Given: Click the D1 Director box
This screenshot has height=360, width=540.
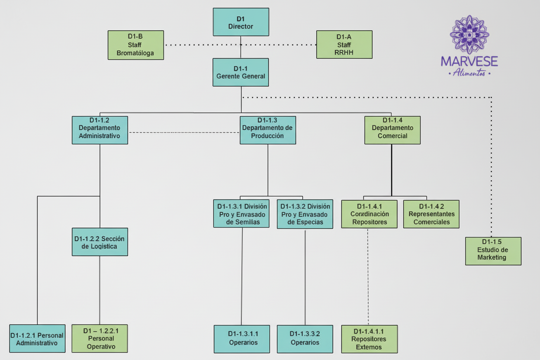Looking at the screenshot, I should (241, 22).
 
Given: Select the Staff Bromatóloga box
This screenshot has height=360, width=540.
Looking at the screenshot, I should (135, 45).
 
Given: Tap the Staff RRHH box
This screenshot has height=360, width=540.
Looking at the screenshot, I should (344, 45).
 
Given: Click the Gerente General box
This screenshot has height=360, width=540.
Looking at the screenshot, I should (241, 72).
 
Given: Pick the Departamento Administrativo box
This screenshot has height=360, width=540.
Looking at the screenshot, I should (100, 130).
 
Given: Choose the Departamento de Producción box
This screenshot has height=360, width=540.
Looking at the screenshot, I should (267, 130).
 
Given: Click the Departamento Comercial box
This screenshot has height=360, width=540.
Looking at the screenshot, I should (392, 130).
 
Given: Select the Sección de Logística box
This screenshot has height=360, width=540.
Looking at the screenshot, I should (100, 242).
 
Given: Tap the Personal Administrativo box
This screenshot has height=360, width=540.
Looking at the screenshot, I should (37, 339).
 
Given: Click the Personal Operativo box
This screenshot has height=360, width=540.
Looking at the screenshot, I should (100, 338).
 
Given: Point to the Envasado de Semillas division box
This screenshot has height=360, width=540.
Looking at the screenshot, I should (241, 214).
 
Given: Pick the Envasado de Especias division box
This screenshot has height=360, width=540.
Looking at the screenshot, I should (305, 214).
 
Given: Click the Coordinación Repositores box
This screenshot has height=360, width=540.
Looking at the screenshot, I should (369, 214).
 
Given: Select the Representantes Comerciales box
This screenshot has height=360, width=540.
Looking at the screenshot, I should (431, 214).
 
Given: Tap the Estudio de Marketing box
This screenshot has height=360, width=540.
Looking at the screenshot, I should (493, 251).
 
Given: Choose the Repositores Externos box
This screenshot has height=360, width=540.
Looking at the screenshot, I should (369, 339).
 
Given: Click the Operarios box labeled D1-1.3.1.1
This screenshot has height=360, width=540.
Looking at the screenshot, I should (241, 339).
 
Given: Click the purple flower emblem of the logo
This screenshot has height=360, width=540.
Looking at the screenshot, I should (469, 35).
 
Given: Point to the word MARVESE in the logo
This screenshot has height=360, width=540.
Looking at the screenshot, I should (469, 61).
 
